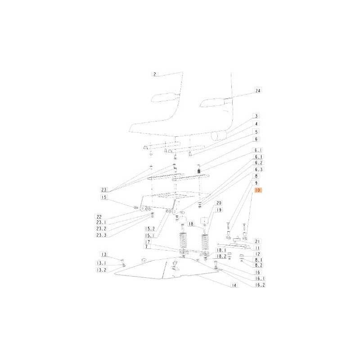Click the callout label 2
155,74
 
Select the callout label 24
258,91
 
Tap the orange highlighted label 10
258,190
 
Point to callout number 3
256,116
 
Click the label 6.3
258,170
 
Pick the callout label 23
104,189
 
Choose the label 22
99,217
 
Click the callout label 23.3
101,235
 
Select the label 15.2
150,229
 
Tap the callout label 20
219,203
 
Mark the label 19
219,210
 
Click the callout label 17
148,242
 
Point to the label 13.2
101,270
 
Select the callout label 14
234,285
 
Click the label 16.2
260,285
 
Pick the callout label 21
257,242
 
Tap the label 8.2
258,265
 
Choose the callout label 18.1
221,251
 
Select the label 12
257,254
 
